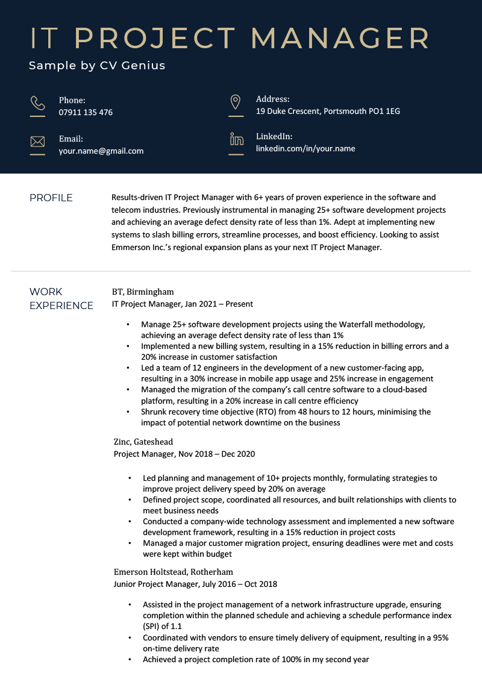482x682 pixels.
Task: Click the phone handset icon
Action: point(37,103)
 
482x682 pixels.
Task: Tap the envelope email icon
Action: point(37,142)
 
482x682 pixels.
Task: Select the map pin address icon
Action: point(236,102)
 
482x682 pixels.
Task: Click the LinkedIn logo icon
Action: point(236,140)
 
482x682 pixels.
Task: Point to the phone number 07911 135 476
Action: point(86,112)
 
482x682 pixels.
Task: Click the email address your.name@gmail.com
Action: point(101,151)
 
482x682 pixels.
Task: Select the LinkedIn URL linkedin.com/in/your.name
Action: point(305,148)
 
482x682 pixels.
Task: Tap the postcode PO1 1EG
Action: point(384,111)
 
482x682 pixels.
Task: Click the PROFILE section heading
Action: point(51,198)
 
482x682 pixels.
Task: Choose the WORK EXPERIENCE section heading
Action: point(61,298)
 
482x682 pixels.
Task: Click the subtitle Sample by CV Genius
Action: point(97,65)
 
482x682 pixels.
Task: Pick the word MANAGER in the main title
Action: point(340,38)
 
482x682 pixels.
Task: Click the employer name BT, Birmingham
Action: point(143,292)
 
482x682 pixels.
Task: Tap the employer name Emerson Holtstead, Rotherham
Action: point(174,572)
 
